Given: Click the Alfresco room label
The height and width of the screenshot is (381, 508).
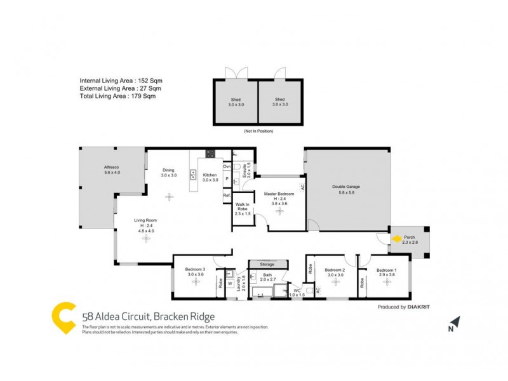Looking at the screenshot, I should pos(112,169).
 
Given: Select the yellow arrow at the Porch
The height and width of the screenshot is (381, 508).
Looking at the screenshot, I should pos(396,239).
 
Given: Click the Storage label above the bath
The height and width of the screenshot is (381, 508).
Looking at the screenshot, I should pos(267,264).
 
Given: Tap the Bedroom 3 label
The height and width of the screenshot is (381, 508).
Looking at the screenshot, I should pos(195,270).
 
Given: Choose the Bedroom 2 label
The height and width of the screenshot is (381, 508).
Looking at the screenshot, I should pos(335,271).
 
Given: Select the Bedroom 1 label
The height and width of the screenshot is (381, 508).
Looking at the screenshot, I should pos(386,271).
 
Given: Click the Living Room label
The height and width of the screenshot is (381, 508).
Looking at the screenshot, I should pos(146,221).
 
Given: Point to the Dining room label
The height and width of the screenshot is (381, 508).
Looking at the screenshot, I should pos(168,170).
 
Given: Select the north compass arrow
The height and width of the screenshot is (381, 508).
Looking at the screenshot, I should pos(454,323).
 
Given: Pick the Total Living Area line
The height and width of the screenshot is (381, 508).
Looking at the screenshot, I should pos(117,97).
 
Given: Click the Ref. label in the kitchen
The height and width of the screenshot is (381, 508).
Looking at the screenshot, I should pos(226,196).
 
